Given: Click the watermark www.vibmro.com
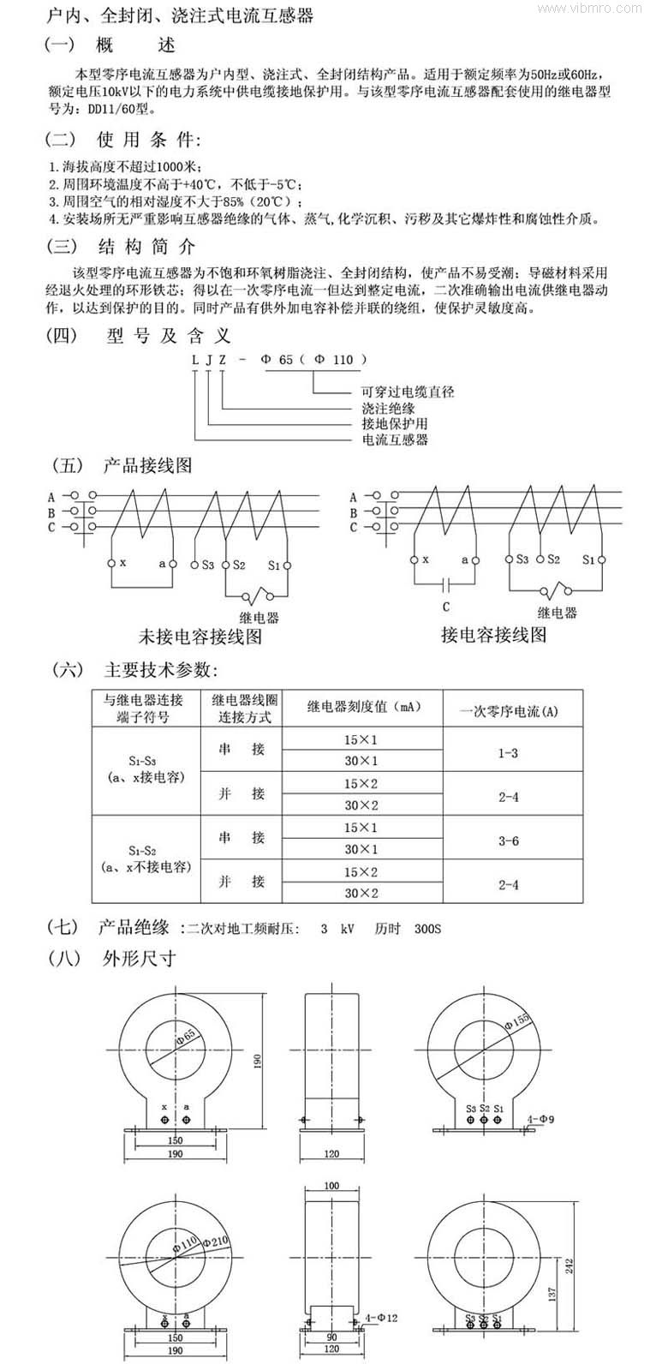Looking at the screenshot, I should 613,9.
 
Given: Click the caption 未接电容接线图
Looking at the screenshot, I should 200,637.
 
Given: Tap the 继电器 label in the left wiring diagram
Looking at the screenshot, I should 259,617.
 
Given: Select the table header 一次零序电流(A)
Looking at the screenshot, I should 509,711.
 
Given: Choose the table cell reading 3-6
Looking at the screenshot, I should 509,841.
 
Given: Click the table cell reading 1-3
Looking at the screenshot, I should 509,753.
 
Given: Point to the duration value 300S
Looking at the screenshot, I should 428,929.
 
